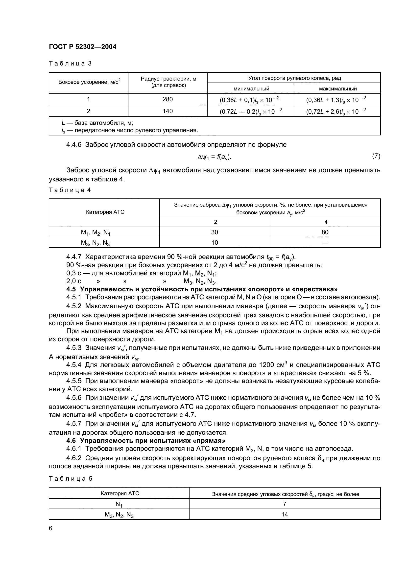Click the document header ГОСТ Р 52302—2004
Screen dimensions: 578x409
point(83,47)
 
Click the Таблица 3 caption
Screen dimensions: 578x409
point(70,64)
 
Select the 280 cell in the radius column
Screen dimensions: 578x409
point(168,99)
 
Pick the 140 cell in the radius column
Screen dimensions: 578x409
point(168,111)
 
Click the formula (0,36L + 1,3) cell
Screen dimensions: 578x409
point(336,100)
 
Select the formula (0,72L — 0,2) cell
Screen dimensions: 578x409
point(250,111)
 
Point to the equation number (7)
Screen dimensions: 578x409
point(376,156)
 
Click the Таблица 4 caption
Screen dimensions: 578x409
point(70,190)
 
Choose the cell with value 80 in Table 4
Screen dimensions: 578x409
point(325,232)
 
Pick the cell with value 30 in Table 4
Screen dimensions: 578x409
point(215,232)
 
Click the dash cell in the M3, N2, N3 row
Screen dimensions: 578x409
point(325,243)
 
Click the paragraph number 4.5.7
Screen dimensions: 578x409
point(74,424)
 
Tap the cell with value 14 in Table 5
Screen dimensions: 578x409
point(285,514)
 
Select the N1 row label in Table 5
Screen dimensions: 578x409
point(119,504)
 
